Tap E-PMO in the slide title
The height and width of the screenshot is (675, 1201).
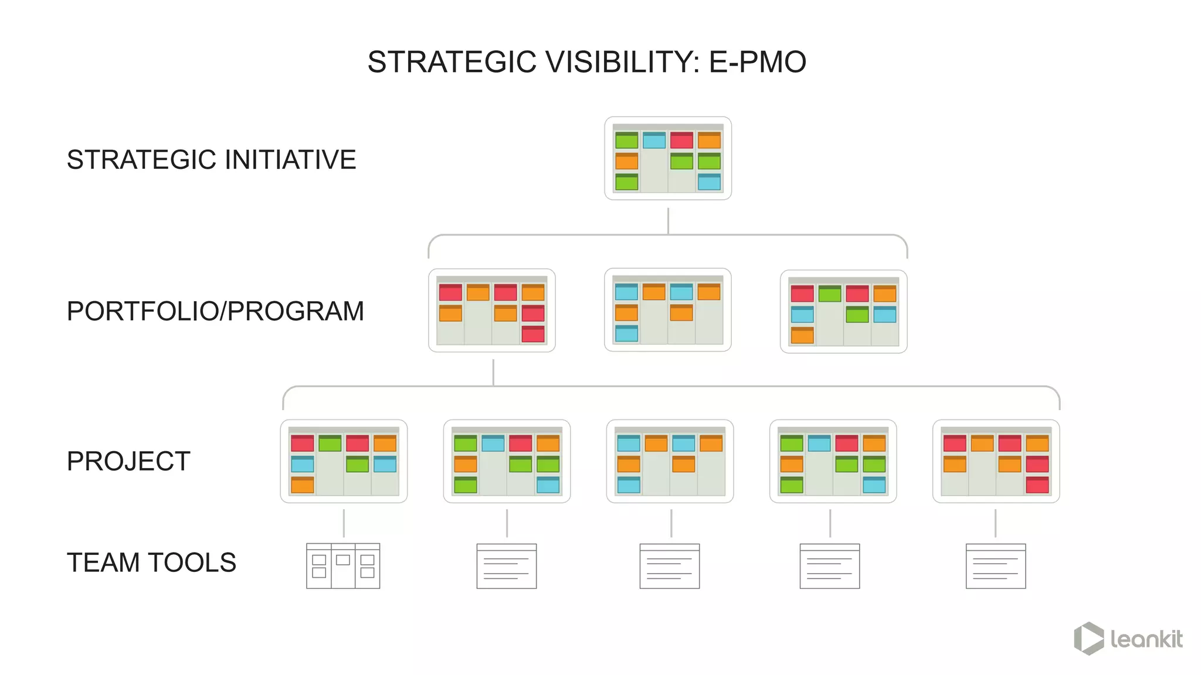pos(757,62)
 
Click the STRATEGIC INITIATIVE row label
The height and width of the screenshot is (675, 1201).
pos(211,160)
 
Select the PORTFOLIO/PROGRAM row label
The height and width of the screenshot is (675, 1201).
pos(215,311)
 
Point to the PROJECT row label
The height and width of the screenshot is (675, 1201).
pos(128,461)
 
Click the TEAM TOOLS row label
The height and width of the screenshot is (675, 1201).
pos(151,562)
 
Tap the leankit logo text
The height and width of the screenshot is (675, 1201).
pos(1146,639)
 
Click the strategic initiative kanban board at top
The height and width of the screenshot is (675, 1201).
pos(668,158)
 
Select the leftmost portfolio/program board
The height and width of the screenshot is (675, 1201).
pos(492,311)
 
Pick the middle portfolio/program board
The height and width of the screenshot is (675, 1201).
pos(668,310)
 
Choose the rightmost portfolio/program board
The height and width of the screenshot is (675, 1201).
pos(843,311)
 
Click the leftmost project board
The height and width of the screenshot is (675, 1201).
pos(344,461)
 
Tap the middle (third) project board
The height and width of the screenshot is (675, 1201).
pos(670,461)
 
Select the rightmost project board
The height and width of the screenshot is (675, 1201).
pos(996,461)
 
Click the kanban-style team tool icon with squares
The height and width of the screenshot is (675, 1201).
pos(343,566)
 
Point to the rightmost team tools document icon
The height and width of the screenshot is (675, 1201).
pos(996,566)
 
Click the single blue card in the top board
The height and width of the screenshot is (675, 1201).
pos(654,141)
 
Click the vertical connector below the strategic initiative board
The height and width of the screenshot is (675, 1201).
pos(668,221)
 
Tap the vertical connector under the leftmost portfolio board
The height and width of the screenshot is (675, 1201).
pos(493,372)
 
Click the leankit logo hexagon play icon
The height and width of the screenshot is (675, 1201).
pos(1089,639)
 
